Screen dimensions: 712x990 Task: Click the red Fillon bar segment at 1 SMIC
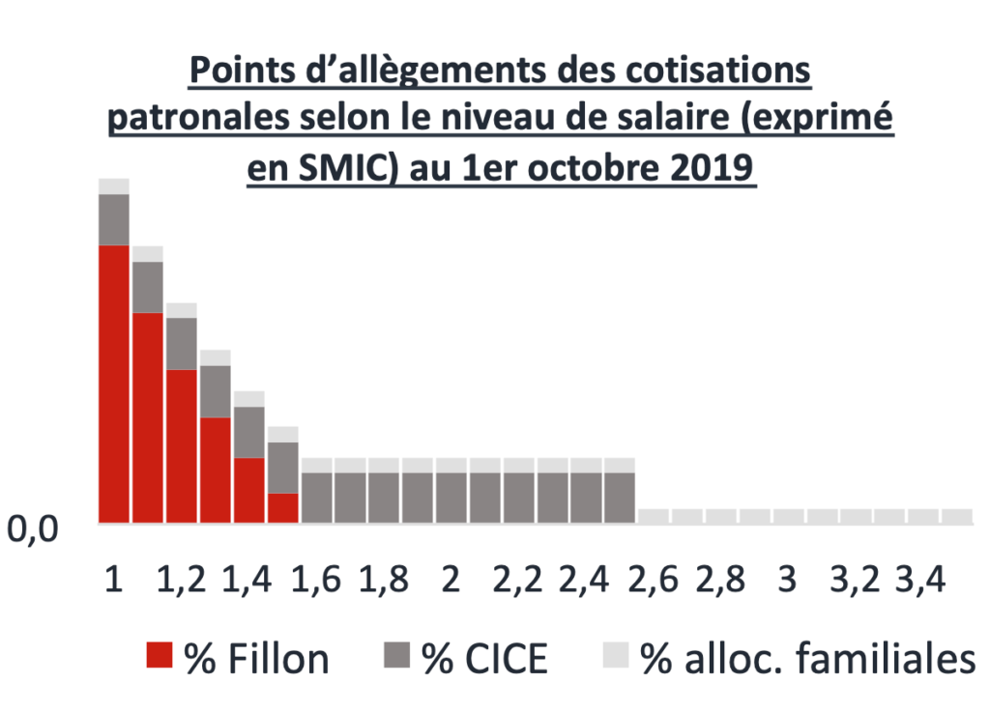pyautogui.click(x=114, y=384)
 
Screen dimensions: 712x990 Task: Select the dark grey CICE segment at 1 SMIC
pyautogui.click(x=114, y=219)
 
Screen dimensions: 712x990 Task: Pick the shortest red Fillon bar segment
pyautogui.click(x=282, y=507)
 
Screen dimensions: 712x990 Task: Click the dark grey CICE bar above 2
pyautogui.click(x=451, y=497)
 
